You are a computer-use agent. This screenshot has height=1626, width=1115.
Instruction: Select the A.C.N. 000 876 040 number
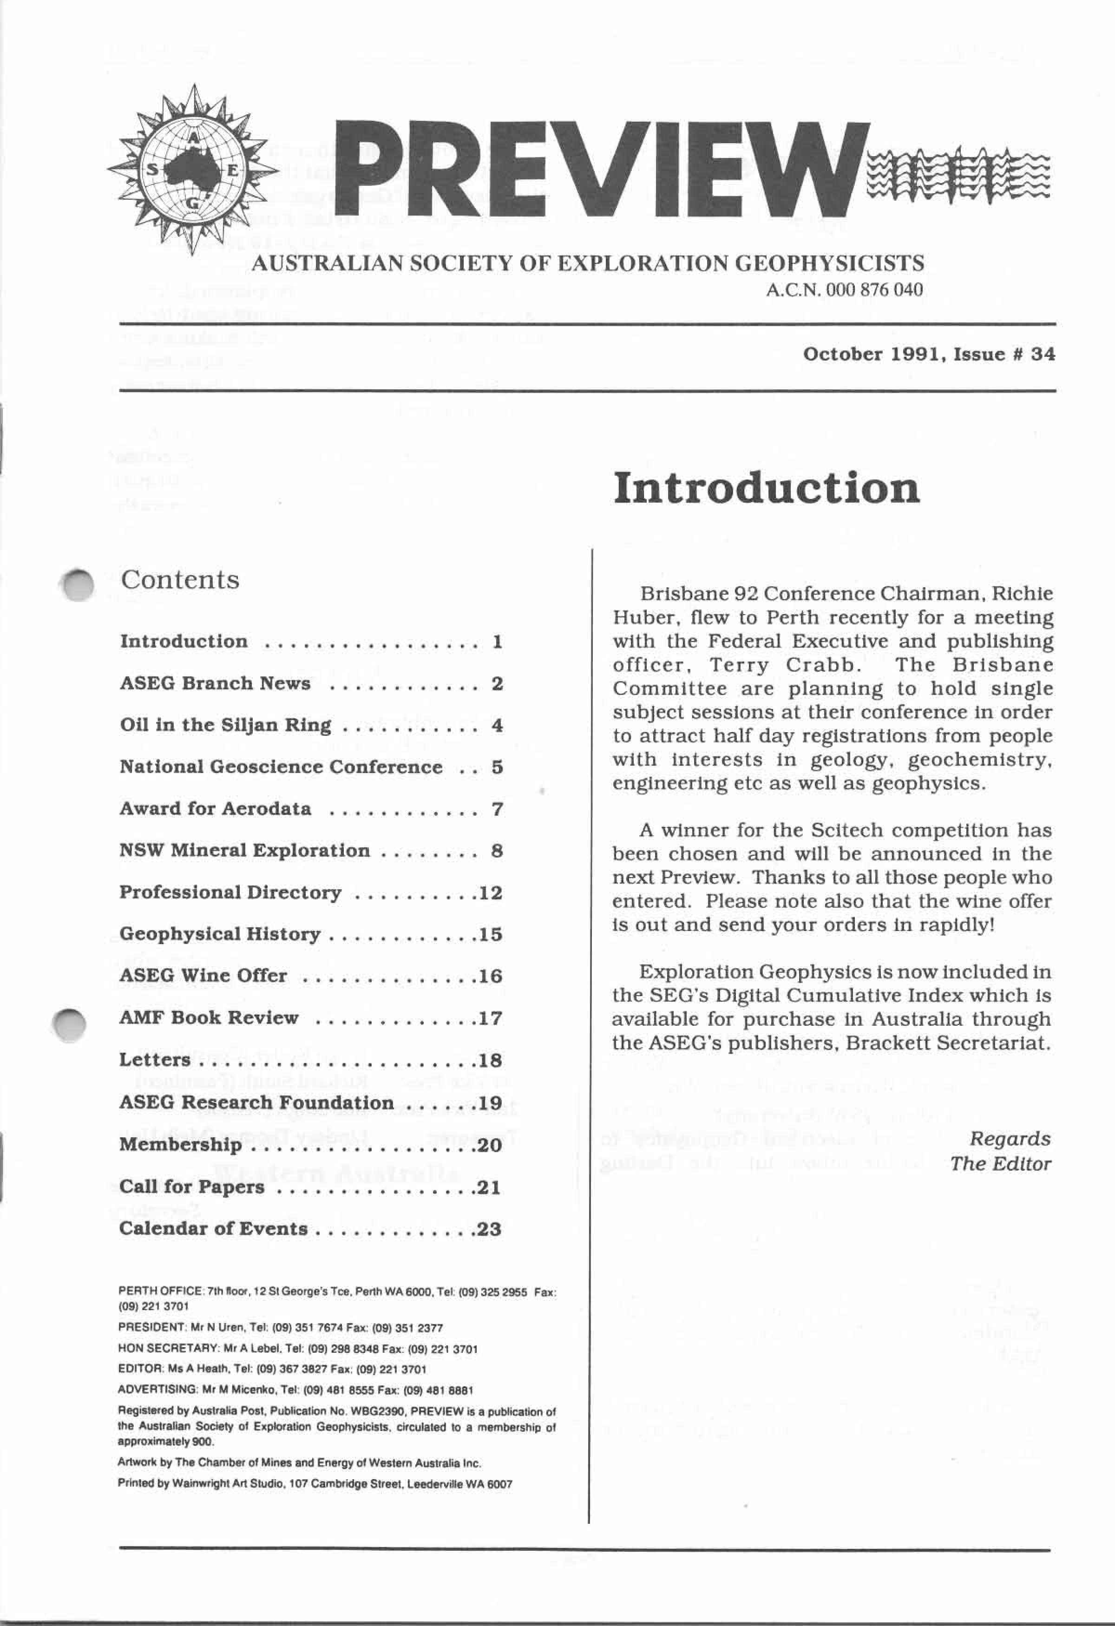pyautogui.click(x=844, y=289)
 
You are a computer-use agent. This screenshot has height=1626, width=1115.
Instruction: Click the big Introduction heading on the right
pyautogui.click(x=766, y=489)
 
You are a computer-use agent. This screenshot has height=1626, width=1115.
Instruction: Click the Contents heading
pyautogui.click(x=180, y=580)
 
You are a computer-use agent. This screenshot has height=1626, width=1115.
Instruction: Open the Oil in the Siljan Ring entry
pyautogui.click(x=225, y=725)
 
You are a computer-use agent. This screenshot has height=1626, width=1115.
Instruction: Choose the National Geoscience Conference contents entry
pyautogui.click(x=281, y=767)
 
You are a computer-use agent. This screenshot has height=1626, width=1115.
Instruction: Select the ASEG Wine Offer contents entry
pyautogui.click(x=203, y=976)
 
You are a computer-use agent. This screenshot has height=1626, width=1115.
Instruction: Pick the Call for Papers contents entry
pyautogui.click(x=192, y=1187)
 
